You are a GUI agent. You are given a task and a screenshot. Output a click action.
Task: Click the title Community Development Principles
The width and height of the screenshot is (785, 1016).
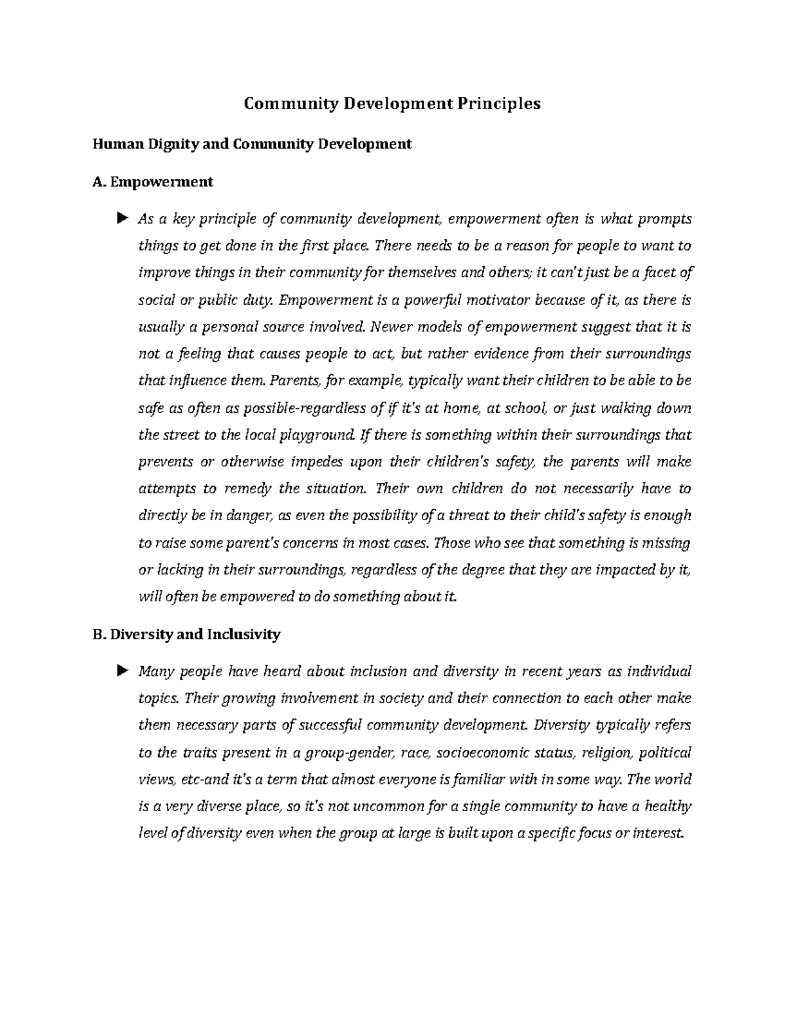[392, 103]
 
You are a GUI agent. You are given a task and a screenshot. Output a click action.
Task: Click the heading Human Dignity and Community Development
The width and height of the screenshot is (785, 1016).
[253, 144]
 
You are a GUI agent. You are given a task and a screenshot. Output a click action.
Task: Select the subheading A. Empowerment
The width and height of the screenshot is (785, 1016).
[154, 182]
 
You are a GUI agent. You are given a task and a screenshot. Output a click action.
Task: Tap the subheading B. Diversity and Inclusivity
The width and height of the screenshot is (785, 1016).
[187, 634]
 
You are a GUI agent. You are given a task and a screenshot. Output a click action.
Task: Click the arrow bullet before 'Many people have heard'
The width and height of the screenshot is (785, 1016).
[121, 671]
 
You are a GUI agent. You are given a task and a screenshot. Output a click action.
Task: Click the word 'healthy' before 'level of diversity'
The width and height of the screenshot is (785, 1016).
[667, 807]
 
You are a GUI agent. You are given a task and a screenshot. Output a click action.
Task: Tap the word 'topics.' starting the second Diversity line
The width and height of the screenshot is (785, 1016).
[158, 699]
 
